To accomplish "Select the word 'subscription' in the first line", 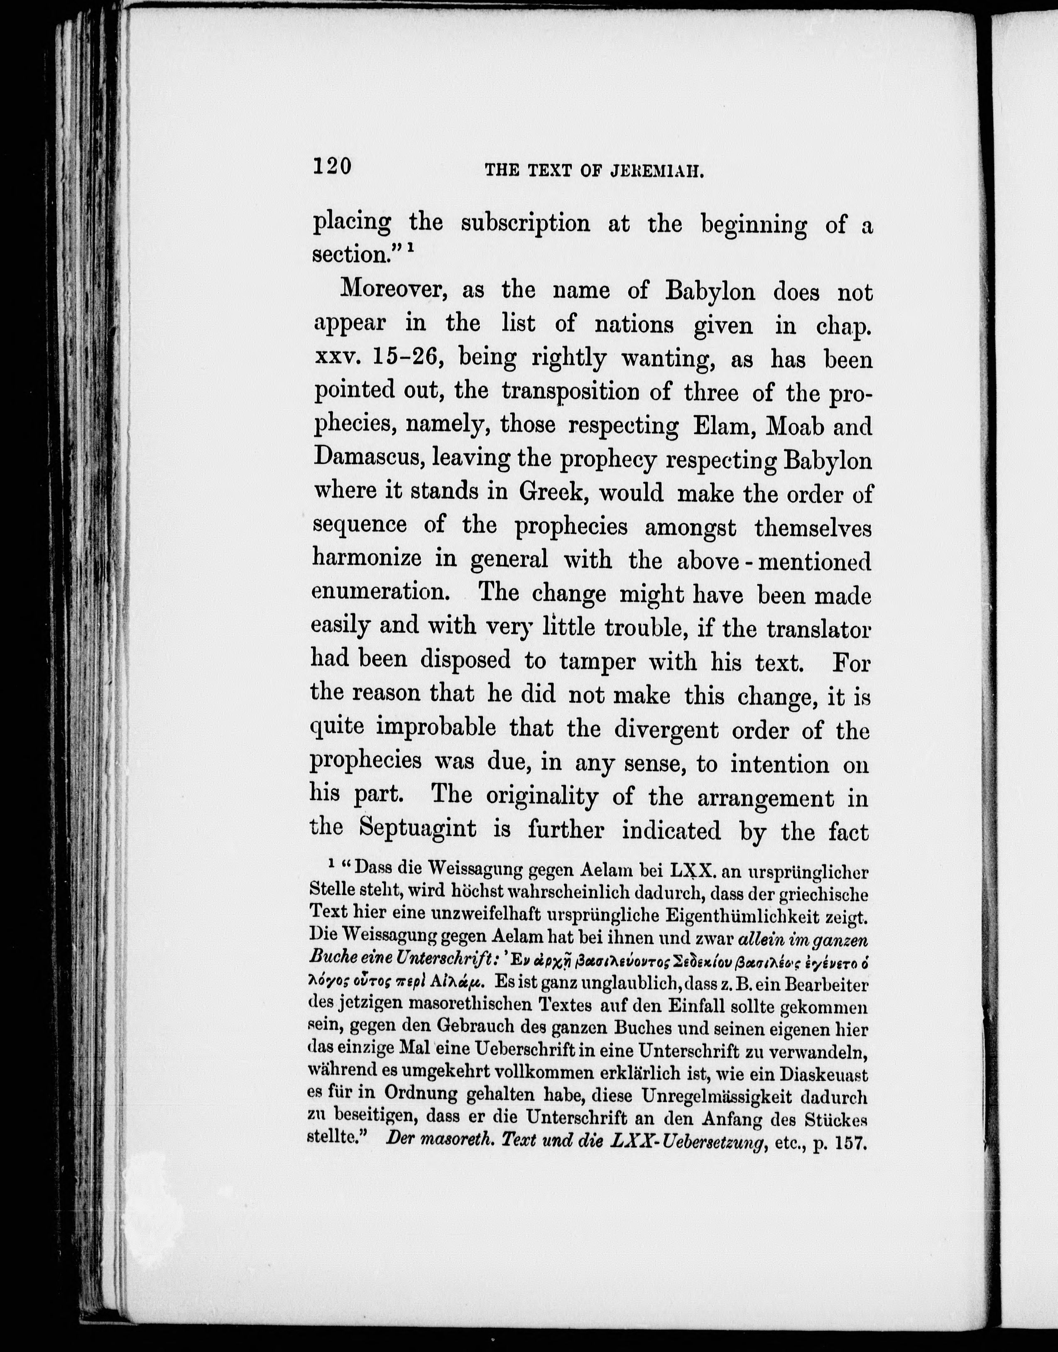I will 526,223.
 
